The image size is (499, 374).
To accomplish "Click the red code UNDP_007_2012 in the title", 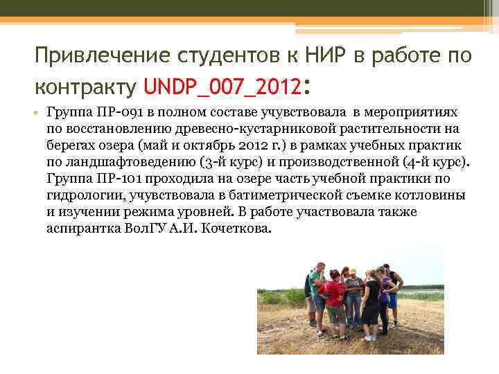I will (223, 86).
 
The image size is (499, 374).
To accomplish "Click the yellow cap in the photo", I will (352, 271).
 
